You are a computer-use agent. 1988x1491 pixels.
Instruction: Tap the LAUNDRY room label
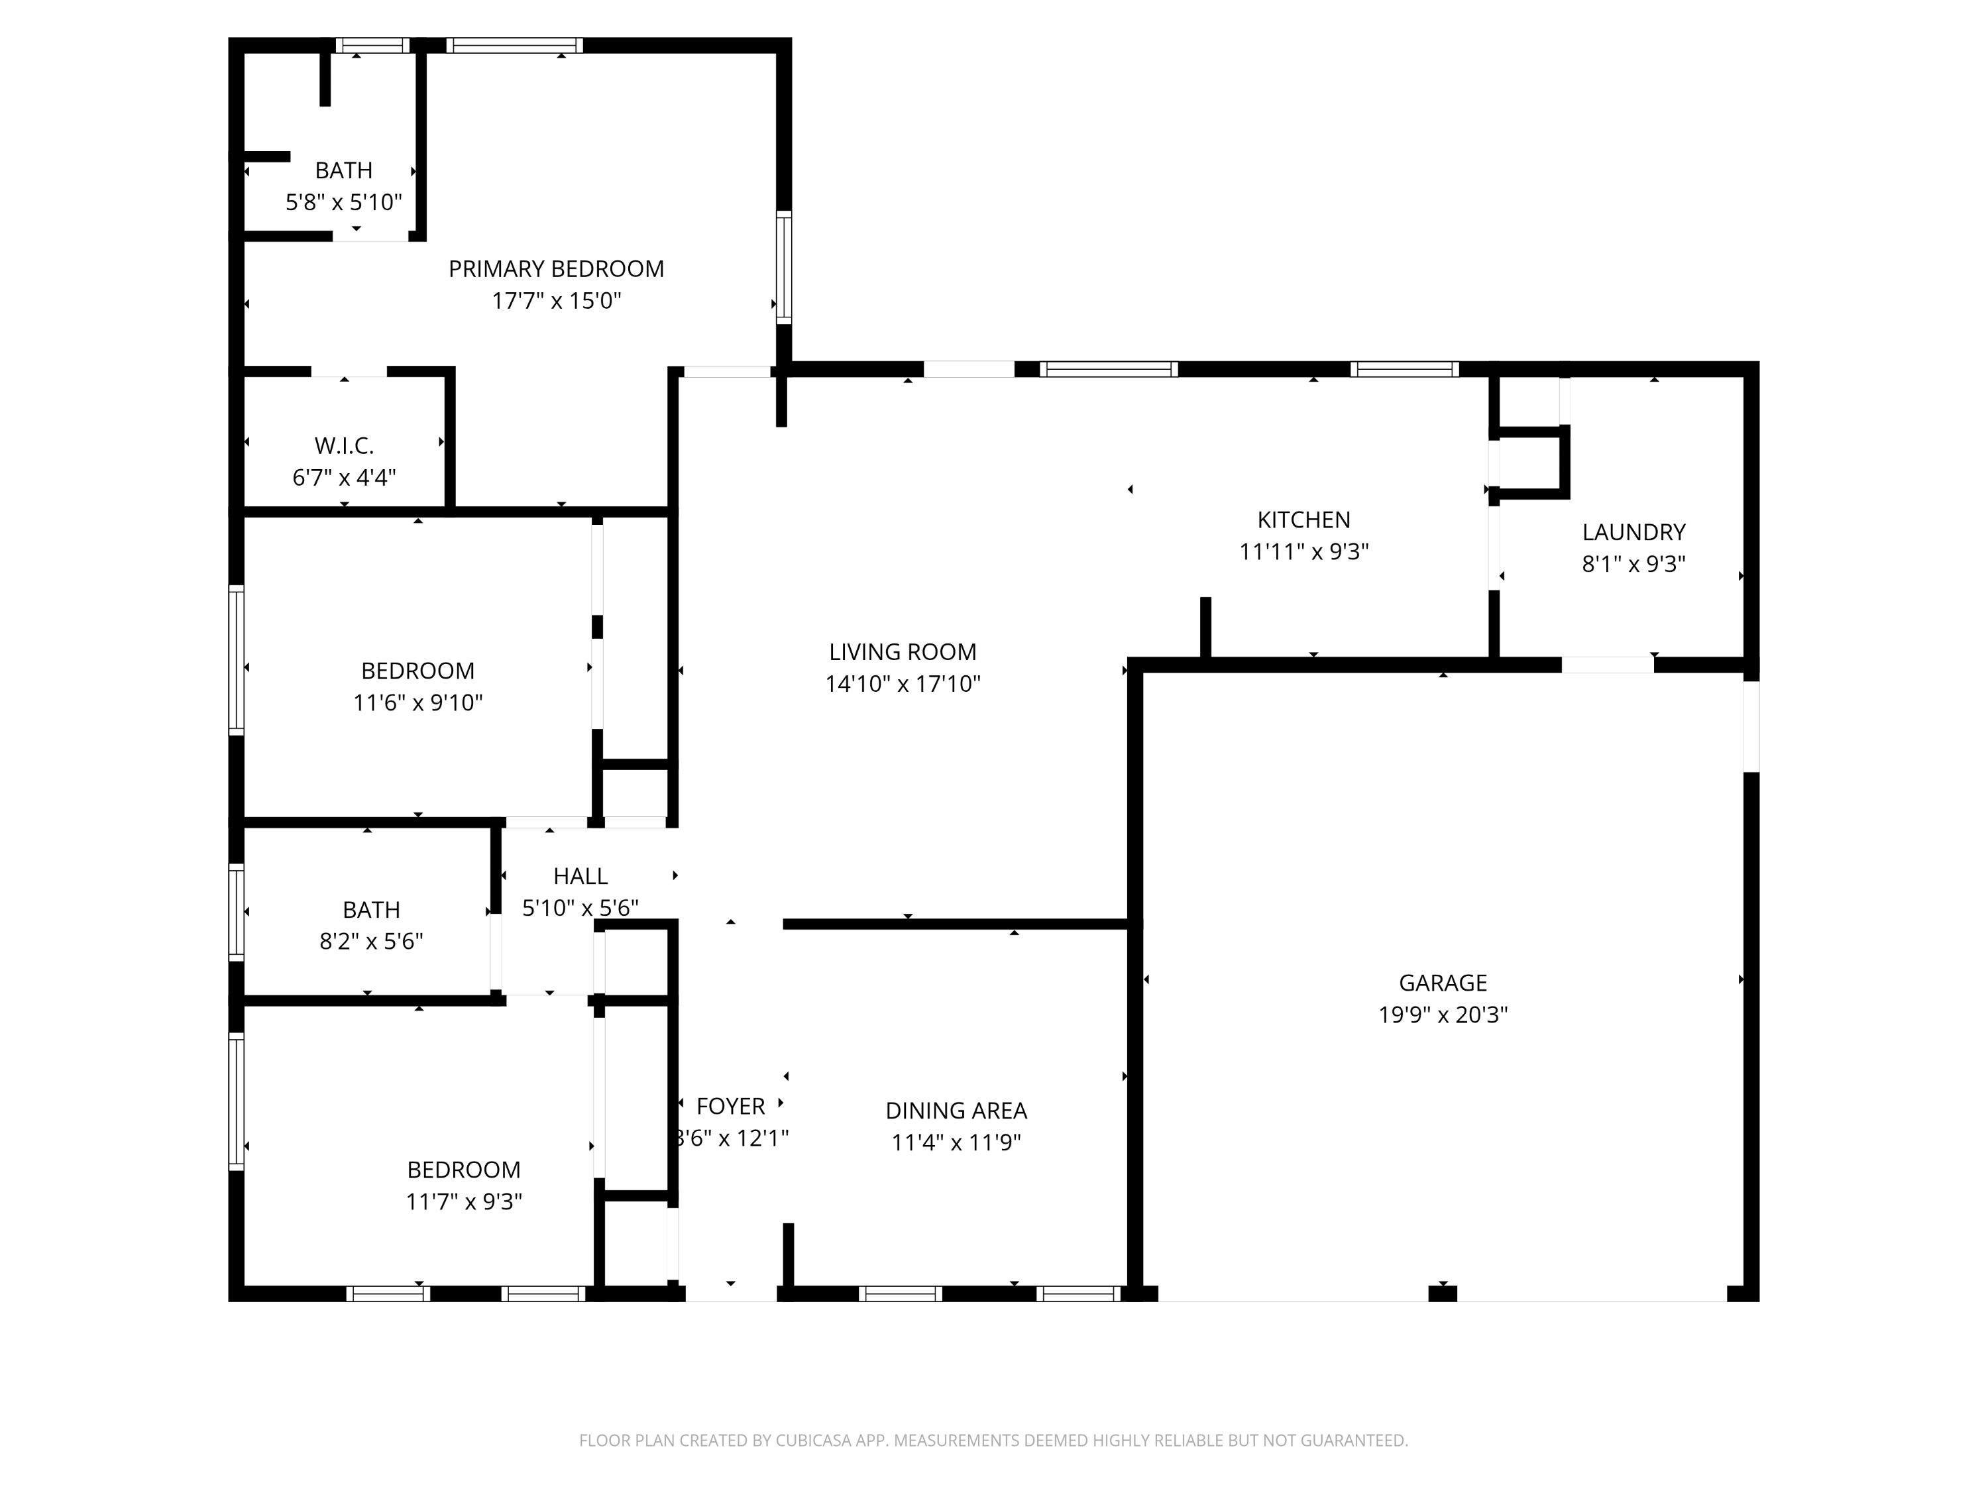tap(1632, 532)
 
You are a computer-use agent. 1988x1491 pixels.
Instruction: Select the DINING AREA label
tap(956, 1110)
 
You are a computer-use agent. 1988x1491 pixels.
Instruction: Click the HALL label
tap(580, 875)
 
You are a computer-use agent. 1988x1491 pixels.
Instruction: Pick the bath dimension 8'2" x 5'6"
tap(370, 941)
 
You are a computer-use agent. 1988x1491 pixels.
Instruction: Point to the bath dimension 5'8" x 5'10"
tap(343, 202)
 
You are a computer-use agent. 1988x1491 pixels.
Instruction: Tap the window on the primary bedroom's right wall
tap(784, 267)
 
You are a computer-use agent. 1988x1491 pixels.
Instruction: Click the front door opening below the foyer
tap(731, 1294)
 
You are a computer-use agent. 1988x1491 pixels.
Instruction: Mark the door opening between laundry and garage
tap(1607, 665)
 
